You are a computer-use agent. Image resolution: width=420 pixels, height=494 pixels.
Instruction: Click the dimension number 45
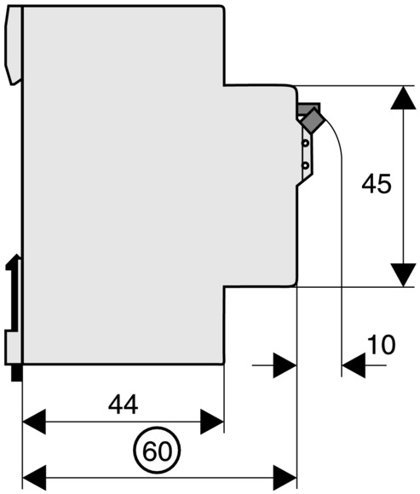[377, 184]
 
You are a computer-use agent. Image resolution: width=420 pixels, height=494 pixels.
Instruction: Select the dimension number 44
[123, 405]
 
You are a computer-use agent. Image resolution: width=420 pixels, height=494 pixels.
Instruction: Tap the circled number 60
[157, 451]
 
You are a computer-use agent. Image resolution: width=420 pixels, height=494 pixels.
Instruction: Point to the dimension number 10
[381, 345]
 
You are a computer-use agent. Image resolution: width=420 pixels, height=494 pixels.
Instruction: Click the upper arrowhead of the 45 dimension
[403, 98]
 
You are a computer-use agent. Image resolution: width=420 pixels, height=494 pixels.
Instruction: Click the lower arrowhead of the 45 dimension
[403, 275]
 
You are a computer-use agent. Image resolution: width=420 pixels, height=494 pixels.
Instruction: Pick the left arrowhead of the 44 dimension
[34, 422]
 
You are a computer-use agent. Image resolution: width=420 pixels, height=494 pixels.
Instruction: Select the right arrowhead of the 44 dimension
[212, 422]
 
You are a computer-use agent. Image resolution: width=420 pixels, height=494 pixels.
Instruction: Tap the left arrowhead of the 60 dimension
[34, 478]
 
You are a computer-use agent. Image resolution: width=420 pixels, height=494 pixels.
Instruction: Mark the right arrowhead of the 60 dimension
[285, 478]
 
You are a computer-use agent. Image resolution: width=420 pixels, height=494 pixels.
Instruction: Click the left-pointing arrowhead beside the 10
[354, 365]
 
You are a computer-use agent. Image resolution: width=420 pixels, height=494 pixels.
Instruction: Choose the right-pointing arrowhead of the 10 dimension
[285, 365]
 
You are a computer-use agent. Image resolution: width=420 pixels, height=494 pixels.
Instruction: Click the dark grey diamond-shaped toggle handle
[313, 120]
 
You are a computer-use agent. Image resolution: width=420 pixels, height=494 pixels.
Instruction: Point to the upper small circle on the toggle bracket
[305, 143]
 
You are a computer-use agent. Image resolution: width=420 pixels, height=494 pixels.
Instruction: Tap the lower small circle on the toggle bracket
[305, 165]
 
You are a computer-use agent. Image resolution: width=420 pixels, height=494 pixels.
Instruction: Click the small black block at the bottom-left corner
[17, 373]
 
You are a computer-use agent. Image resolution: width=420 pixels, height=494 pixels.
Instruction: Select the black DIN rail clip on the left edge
[14, 295]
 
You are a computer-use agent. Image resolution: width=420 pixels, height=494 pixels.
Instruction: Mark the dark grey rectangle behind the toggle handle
[308, 109]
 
